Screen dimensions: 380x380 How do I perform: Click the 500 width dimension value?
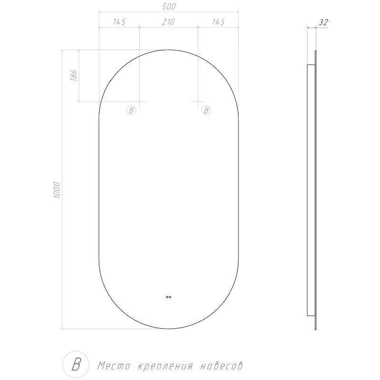(169, 7)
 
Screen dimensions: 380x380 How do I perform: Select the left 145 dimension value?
(120, 22)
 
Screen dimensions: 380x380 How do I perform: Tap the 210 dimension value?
(169, 22)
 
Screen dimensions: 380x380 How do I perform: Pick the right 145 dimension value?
(218, 22)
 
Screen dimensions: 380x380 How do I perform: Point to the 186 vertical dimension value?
(74, 75)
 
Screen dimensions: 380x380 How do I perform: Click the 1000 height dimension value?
(57, 190)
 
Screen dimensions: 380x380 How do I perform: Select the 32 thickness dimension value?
(323, 22)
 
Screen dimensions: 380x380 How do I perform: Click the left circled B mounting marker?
(132, 111)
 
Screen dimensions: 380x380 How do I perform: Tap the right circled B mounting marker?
(206, 111)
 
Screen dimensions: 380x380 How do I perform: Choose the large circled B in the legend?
(76, 364)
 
